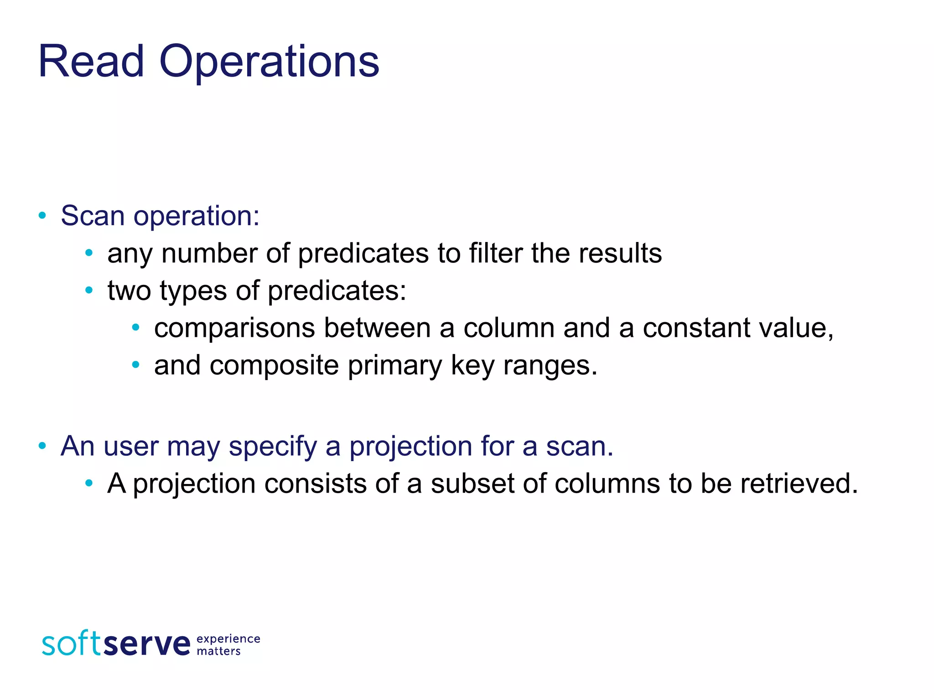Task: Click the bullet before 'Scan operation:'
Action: coord(42,216)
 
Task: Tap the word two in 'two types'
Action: coord(129,291)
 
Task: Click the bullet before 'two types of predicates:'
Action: coord(89,290)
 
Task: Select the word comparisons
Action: coord(234,328)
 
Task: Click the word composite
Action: coord(274,365)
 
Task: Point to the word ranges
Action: coord(550,365)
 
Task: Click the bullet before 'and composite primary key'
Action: coord(135,365)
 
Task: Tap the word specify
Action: coord(272,446)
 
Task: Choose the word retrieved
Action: coord(799,484)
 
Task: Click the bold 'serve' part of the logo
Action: coord(147,644)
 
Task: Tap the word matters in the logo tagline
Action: coord(218,651)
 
